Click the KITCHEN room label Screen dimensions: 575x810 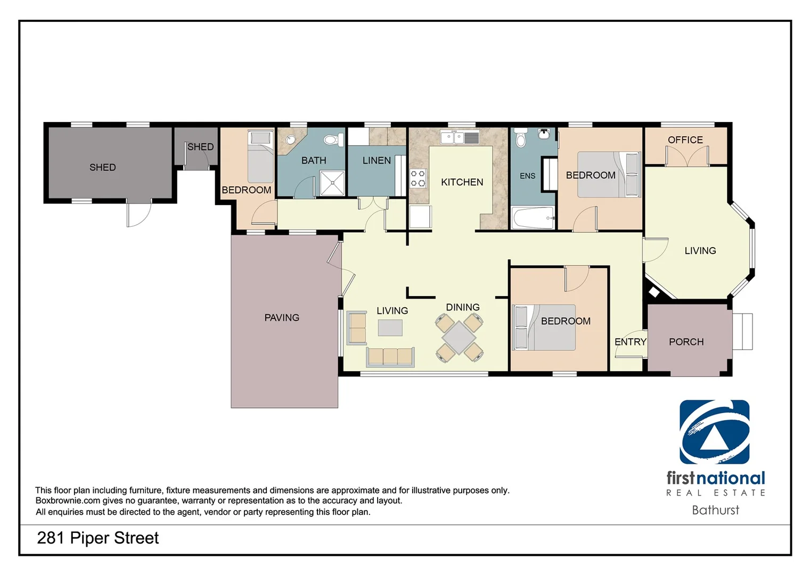[x=462, y=182]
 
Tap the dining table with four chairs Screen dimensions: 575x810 [x=459, y=338]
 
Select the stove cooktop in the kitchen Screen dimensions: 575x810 [x=418, y=179]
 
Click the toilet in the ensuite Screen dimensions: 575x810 [x=521, y=139]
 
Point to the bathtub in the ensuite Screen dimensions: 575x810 [x=533, y=218]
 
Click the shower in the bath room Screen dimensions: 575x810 [x=332, y=183]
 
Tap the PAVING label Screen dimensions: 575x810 [x=282, y=318]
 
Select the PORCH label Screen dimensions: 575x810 [x=686, y=342]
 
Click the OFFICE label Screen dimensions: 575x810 [x=685, y=140]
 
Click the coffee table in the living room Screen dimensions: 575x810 [x=390, y=327]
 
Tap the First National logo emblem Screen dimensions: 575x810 [x=714, y=432]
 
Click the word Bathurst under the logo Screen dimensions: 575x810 [x=715, y=510]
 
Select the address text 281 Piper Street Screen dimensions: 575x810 [x=98, y=538]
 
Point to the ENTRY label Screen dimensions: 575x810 [x=630, y=342]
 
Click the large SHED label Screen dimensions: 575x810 [x=102, y=167]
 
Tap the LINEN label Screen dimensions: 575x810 [x=377, y=160]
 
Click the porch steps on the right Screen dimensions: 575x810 [x=742, y=332]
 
